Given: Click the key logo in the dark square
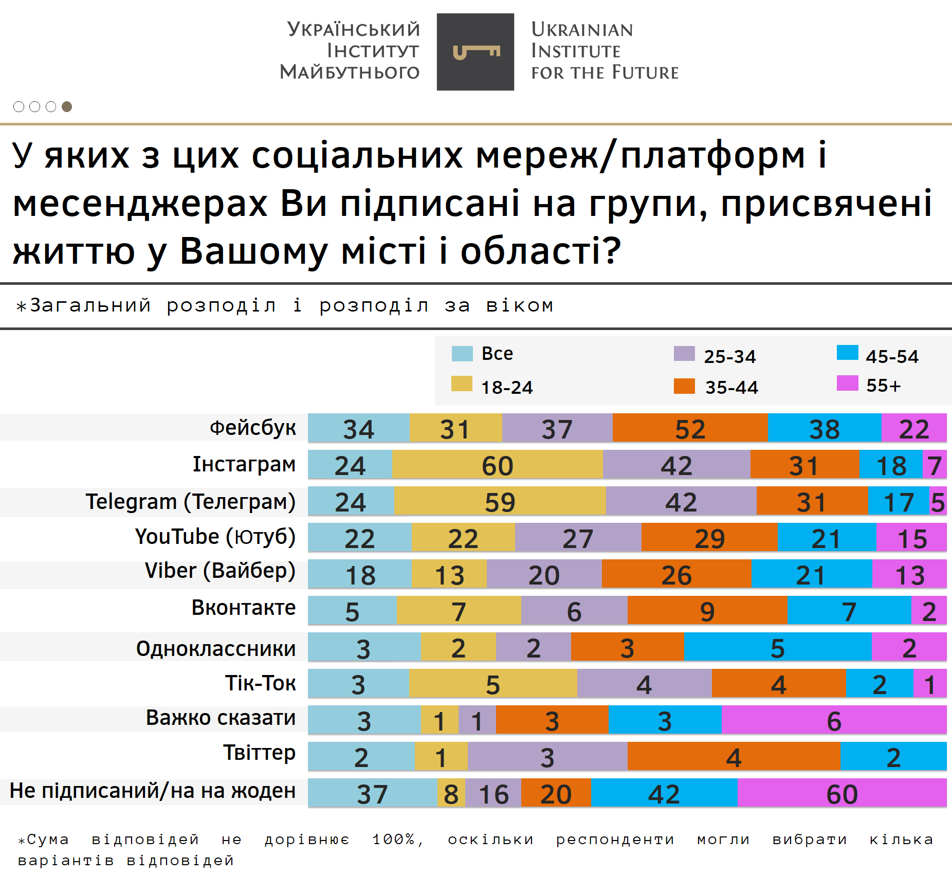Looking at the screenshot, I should coord(475,52).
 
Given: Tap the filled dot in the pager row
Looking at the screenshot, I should coord(67,106).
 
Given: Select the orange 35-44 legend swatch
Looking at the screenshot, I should coord(684,386).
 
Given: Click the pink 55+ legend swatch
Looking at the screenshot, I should coord(847,383).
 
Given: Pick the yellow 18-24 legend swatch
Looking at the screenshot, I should coord(461,384).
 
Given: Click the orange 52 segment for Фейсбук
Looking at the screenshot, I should coord(690,428).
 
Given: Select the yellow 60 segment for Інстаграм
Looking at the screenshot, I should coord(497,464).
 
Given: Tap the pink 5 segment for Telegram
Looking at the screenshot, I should coord(938,501).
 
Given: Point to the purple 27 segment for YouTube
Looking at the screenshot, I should coord(578,537).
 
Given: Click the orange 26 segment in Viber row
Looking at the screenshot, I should coord(676,574).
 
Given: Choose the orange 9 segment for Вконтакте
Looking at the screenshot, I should coord(707,610).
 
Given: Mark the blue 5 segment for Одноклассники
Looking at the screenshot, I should coord(777,647).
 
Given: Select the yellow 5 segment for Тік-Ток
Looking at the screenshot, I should coord(492,683).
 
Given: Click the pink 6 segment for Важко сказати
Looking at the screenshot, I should coord(833,720).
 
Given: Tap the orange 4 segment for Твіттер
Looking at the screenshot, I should coord(734,756).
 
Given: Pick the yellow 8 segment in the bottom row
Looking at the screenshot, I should coord(451,793).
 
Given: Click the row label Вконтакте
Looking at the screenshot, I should coord(243,608).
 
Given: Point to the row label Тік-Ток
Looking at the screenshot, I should coord(260,683).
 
